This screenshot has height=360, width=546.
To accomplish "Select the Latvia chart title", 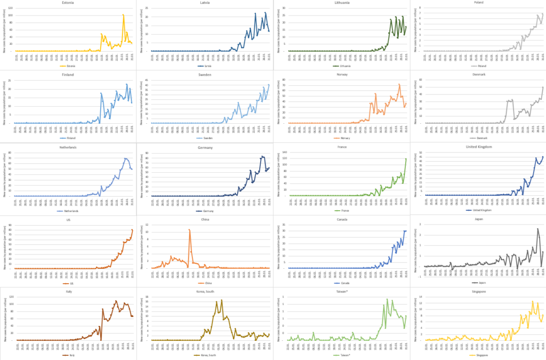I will (205, 2).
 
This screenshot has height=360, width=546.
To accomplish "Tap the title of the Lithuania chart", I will (341, 2).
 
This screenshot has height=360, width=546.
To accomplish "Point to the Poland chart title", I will (478, 2).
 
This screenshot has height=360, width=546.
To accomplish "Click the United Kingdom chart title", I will (478, 147).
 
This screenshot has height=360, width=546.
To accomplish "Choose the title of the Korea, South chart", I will (205, 291).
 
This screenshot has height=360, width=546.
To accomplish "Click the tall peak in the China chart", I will (189, 230).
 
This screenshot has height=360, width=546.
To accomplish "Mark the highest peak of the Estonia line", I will (123, 15).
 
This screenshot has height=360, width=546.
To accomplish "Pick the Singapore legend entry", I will (478, 355).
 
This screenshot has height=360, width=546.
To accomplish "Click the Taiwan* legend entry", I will (341, 355).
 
